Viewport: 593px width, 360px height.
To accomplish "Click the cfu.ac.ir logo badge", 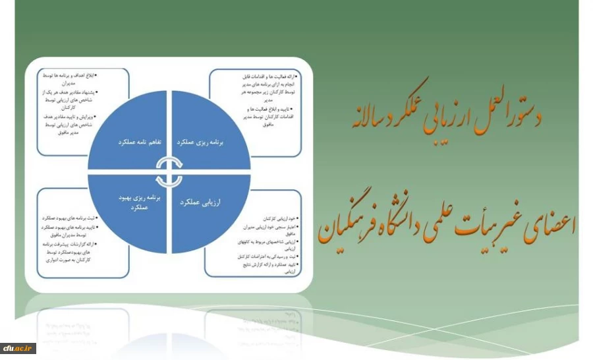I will (x=18, y=347).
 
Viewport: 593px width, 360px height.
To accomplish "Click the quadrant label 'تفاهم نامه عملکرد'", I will (x=128, y=142).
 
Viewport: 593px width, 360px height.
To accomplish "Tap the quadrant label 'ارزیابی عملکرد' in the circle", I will (x=210, y=204).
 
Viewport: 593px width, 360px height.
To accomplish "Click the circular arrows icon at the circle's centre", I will (x=170, y=172).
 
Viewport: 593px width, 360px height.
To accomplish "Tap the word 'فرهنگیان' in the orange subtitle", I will (x=349, y=228).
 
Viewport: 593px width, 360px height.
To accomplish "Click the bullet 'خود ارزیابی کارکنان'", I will (x=277, y=218).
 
